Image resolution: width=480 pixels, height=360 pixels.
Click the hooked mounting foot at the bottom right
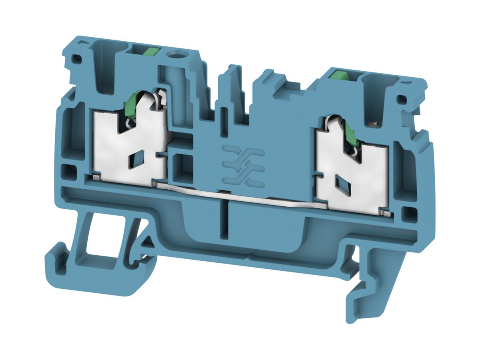click(362, 288)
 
